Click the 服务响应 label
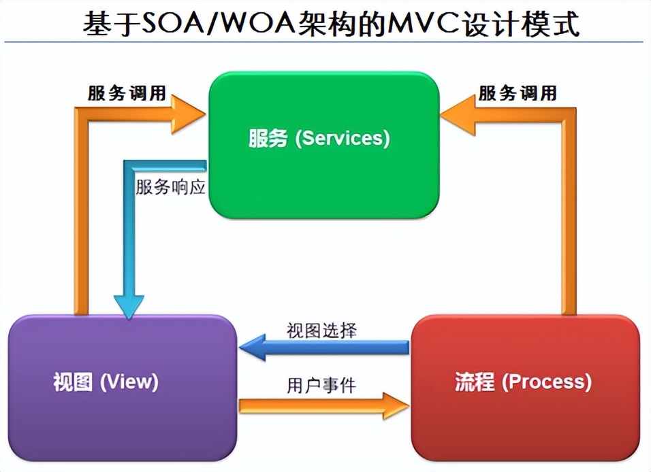(170, 188)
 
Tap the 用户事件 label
(321, 386)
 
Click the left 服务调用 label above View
(127, 94)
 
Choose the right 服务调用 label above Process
(518, 93)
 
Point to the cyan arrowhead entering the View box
(129, 306)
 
